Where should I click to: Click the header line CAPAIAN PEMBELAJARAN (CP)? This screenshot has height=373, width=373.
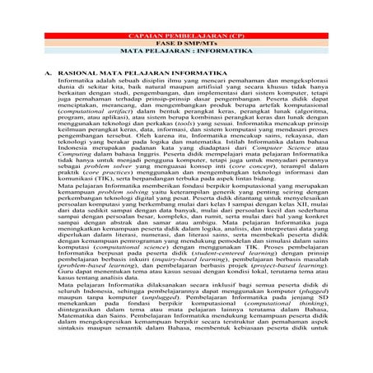tap(185, 38)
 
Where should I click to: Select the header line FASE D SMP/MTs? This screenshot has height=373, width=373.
tap(185, 44)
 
